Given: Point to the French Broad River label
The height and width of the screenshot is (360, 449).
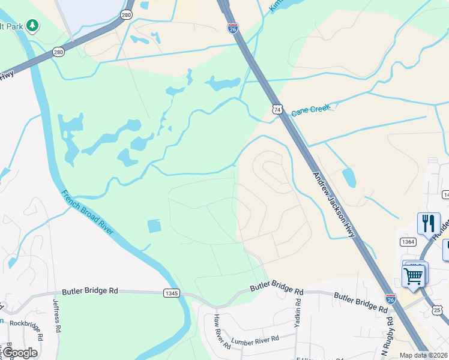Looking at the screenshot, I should [x=87, y=214].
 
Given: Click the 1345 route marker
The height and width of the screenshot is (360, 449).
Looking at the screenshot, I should [x=171, y=292].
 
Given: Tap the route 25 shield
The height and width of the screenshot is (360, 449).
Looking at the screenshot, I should [x=437, y=310].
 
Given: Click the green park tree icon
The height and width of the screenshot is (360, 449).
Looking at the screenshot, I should [x=32, y=25].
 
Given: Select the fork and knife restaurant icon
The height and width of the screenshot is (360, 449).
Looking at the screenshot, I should [x=428, y=223].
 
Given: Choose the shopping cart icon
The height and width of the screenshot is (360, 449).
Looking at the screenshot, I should [x=414, y=277].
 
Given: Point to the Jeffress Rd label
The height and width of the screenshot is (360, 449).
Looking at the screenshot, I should [x=57, y=316].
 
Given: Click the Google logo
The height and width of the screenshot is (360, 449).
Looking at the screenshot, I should [x=20, y=353].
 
